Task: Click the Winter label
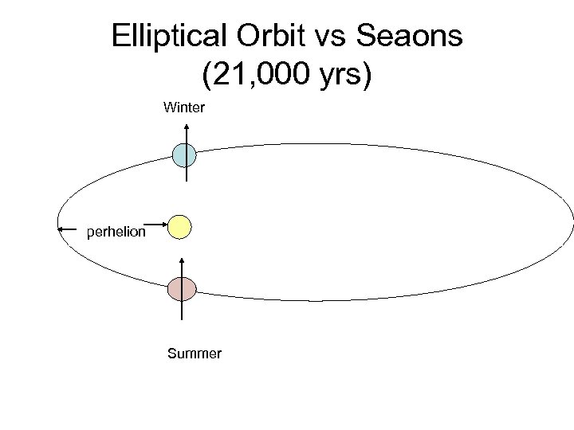(x=184, y=106)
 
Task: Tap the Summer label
(x=195, y=354)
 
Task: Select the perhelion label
(x=116, y=233)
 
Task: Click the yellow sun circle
(x=180, y=226)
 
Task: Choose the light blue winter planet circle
(x=184, y=154)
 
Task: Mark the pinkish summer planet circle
(x=182, y=288)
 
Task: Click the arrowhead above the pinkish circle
(x=183, y=260)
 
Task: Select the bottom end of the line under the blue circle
(x=186, y=181)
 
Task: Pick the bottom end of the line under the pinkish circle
(x=183, y=319)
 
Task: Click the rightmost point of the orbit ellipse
(x=572, y=223)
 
